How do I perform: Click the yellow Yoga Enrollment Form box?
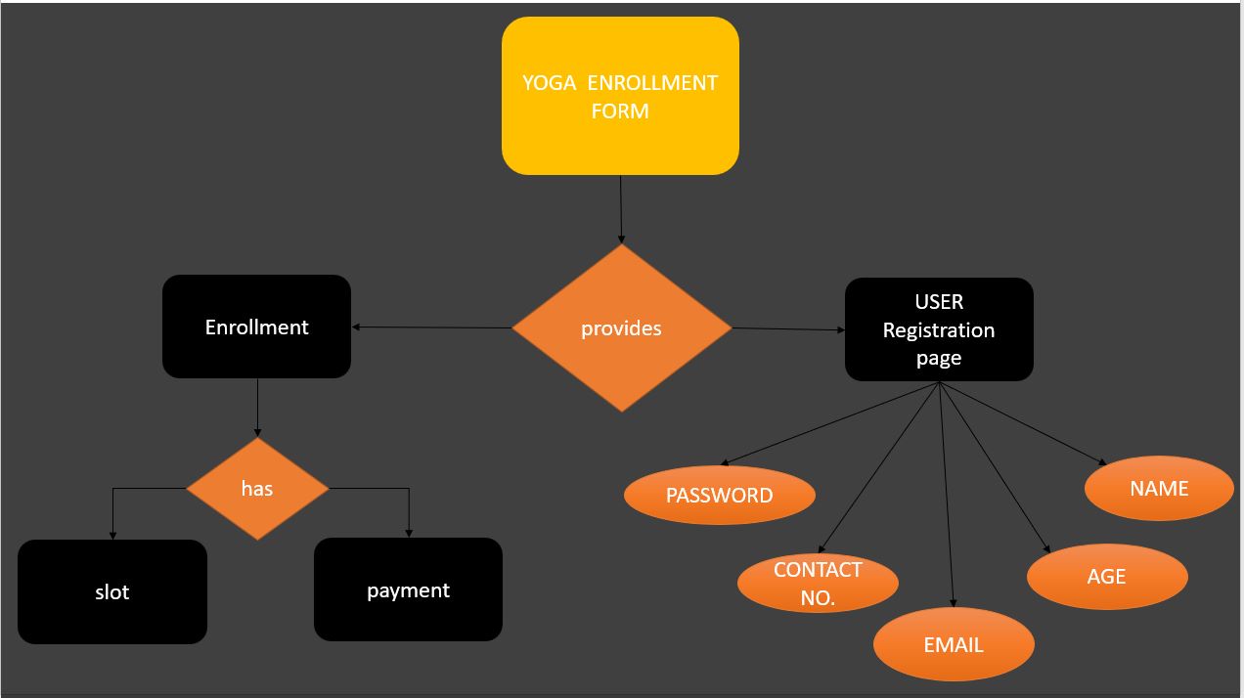[x=620, y=96]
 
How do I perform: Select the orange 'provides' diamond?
[x=621, y=328]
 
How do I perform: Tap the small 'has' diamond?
[x=257, y=488]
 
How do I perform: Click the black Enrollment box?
[x=256, y=327]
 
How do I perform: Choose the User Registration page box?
[x=939, y=329]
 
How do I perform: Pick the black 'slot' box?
[x=112, y=591]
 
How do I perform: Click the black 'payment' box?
[x=408, y=589]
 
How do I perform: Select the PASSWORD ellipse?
[x=719, y=495]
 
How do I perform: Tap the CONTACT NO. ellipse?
[x=818, y=583]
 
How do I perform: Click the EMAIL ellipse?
[x=954, y=644]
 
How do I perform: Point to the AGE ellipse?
[x=1106, y=576]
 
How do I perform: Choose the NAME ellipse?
[x=1159, y=488]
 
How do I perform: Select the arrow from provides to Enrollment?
[x=430, y=327]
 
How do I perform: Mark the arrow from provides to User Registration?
[x=787, y=329]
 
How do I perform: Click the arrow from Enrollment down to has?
[x=257, y=406]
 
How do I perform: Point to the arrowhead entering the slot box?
[x=112, y=534]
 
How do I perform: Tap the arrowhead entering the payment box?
[x=409, y=532]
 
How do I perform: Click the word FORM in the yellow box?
[x=620, y=110]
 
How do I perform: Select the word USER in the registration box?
[x=939, y=302]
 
